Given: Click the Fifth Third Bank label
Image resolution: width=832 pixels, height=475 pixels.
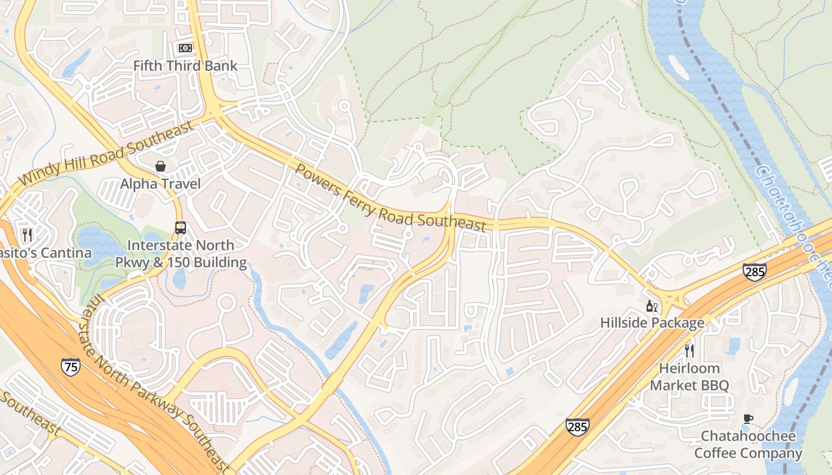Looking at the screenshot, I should [185, 66].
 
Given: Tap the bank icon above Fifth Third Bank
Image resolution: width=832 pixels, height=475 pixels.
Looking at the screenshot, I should [185, 47].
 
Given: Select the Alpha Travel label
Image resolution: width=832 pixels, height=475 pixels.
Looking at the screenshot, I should [160, 183].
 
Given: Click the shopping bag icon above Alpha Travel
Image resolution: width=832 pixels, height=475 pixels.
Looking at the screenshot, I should [160, 166].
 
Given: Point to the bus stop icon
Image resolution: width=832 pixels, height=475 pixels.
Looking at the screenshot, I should [180, 227].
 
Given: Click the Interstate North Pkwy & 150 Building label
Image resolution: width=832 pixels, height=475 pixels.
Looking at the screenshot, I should [182, 254].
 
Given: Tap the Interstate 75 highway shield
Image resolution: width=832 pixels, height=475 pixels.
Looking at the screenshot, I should [70, 367].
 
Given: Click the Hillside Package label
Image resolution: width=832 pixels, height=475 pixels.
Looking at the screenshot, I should [652, 323].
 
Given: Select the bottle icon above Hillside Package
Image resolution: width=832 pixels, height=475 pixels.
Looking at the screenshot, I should [652, 306].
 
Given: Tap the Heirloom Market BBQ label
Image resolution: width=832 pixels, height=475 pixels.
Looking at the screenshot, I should [689, 377].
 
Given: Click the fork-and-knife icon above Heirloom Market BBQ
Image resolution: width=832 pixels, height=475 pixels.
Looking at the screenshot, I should [689, 350].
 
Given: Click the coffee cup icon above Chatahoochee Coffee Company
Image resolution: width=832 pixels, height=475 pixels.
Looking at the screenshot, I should [748, 419].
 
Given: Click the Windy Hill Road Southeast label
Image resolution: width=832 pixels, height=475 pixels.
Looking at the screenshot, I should [107, 153].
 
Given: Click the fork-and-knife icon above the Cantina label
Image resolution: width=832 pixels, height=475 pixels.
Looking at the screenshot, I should [27, 235].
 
